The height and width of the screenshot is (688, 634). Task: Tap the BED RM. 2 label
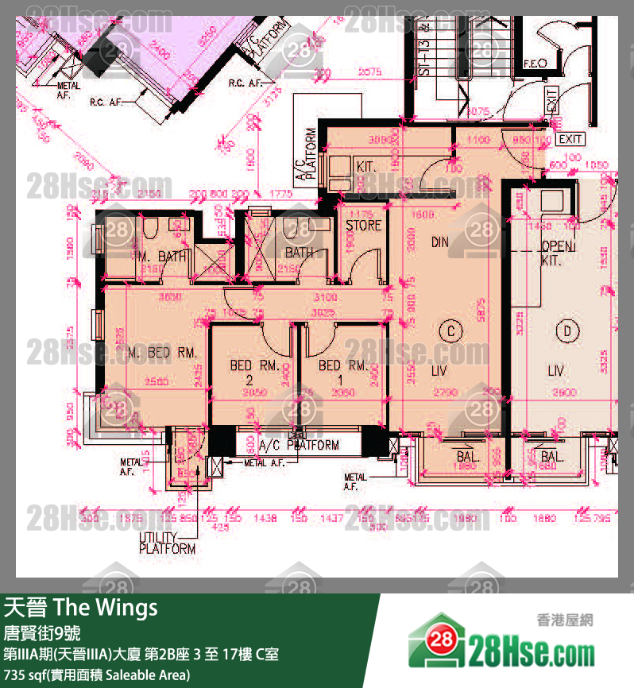253,372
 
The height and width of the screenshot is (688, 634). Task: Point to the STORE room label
363,226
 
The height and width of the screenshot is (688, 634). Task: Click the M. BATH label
162,257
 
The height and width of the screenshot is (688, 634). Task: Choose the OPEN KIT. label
557,253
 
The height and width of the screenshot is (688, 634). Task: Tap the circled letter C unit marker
450,330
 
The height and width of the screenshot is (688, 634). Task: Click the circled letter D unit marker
566,330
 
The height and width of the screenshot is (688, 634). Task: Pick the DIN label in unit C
440,242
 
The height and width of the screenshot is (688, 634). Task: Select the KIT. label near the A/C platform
365,166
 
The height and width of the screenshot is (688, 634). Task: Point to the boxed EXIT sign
570,139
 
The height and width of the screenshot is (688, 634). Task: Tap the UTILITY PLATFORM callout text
167,543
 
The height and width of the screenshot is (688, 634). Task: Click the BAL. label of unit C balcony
467,457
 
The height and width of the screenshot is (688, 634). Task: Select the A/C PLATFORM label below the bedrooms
300,446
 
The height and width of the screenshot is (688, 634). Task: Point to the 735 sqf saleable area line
97,675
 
